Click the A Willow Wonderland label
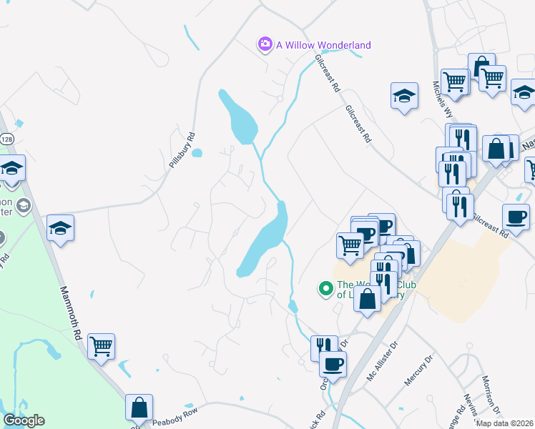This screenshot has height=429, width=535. (323, 45)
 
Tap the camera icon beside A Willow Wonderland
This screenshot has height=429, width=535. (265, 45)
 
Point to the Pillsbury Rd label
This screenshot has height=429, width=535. (182, 150)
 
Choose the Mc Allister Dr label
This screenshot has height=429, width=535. (381, 365)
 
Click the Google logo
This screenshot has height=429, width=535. (24, 420)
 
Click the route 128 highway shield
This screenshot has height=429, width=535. (6, 138)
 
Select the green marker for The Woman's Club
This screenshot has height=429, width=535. (326, 289)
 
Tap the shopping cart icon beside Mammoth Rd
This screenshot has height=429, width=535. (101, 347)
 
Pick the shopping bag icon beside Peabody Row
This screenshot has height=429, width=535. (139, 408)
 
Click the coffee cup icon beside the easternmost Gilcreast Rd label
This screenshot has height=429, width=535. (516, 216)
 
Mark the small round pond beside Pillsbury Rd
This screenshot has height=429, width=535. (197, 152)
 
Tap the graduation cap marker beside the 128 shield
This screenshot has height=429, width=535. (11, 168)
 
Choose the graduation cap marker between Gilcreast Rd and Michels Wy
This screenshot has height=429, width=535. (404, 95)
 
